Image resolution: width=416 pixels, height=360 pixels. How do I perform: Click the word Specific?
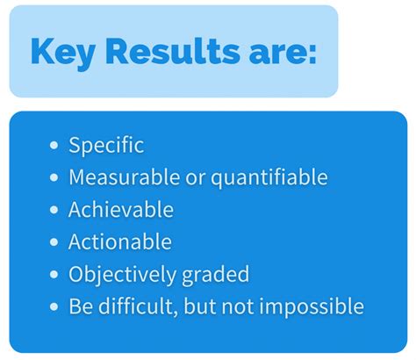click(x=106, y=146)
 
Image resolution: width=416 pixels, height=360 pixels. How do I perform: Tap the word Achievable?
click(x=121, y=210)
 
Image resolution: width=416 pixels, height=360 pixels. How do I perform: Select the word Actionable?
click(x=120, y=242)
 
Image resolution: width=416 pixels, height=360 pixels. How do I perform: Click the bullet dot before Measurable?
click(x=55, y=178)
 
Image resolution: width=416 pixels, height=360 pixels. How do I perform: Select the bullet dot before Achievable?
click(x=55, y=211)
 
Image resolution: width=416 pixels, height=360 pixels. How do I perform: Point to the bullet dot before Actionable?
click(x=55, y=242)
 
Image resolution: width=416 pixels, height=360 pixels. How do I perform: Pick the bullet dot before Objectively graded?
click(x=55, y=275)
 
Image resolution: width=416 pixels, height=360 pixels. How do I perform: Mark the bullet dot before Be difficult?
click(x=55, y=306)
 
